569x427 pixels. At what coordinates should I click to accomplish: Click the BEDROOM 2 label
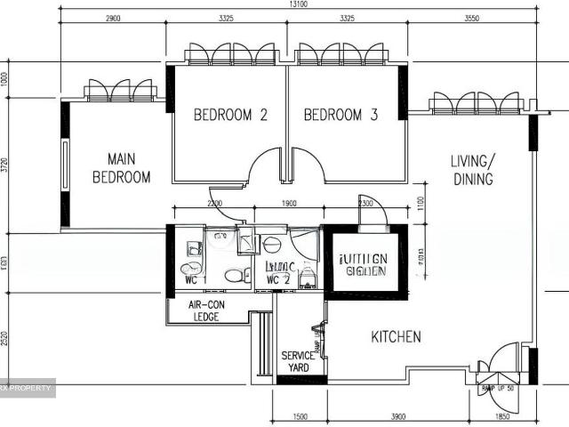[230, 115]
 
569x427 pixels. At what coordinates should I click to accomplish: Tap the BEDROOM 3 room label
[341, 115]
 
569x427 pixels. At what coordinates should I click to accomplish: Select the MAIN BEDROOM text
[121, 167]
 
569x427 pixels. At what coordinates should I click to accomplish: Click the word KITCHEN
[396, 337]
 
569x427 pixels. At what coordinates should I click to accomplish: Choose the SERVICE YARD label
[297, 361]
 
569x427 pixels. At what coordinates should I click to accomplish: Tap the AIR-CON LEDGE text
[207, 310]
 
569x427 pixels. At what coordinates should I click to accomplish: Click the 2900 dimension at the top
[113, 18]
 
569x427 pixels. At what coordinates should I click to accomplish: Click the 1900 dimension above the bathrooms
[288, 204]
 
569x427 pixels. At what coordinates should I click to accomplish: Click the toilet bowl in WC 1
[188, 269]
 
